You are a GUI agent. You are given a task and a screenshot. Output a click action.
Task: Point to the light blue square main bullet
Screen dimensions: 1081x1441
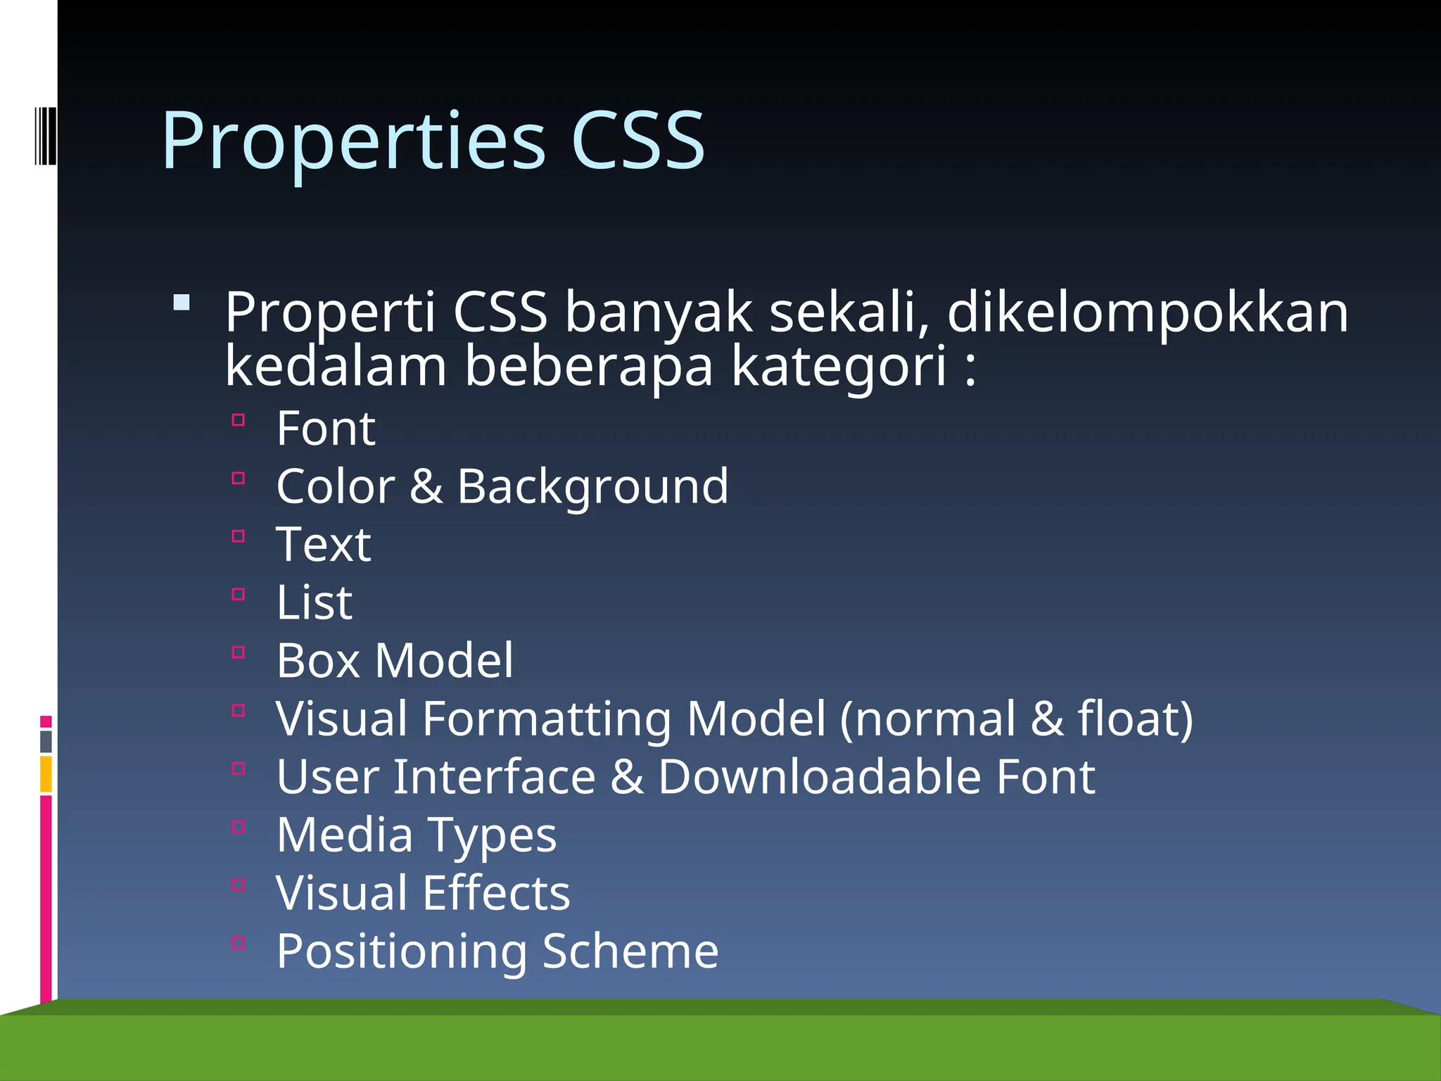click(x=182, y=303)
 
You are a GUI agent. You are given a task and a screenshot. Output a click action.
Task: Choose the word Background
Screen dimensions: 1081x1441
click(x=593, y=486)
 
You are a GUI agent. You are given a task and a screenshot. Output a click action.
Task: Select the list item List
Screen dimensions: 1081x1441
click(x=314, y=602)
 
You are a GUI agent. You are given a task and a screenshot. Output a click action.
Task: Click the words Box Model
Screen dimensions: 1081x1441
click(x=395, y=661)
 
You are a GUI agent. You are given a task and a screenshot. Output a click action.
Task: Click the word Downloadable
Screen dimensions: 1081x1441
click(x=820, y=777)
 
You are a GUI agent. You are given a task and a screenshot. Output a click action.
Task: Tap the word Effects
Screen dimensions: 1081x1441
click(x=497, y=893)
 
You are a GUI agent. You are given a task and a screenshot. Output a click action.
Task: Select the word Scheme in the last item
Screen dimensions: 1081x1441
click(x=630, y=952)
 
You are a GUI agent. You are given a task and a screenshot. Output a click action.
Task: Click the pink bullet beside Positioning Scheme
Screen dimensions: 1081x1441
click(x=239, y=943)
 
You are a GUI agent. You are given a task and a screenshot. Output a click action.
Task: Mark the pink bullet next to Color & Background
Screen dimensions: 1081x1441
click(x=239, y=479)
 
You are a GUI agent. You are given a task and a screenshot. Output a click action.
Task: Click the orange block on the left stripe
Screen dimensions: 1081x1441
click(x=46, y=774)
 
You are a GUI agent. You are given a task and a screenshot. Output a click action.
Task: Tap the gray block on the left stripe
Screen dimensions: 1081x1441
click(x=46, y=742)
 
